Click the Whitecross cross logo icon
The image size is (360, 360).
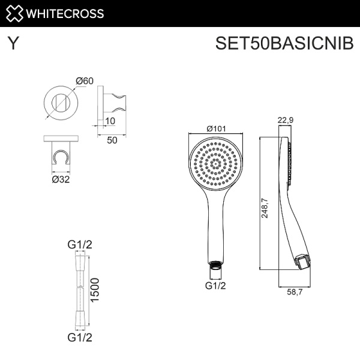(x=14, y=13)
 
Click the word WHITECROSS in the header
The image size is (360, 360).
(x=65, y=14)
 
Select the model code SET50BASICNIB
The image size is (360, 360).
(x=284, y=43)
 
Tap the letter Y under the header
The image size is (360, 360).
(x=13, y=43)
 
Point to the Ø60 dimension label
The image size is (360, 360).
(x=85, y=81)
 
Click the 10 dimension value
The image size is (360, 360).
(x=110, y=121)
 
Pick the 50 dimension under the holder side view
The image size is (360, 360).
(x=112, y=140)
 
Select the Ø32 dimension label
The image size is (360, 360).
(x=61, y=179)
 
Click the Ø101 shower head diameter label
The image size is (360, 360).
(x=216, y=128)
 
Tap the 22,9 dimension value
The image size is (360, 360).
(x=286, y=120)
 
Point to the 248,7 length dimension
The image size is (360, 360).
(x=265, y=208)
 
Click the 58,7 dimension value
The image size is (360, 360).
(x=295, y=292)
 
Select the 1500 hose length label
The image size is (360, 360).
(x=95, y=290)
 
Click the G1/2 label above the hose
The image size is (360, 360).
(x=80, y=245)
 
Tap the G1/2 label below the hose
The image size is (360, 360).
(x=80, y=337)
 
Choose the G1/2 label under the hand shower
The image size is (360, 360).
(x=215, y=286)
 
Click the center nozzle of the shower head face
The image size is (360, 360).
(x=215, y=164)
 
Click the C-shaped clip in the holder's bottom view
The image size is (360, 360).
(x=61, y=157)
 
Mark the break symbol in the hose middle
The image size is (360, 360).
(x=80, y=287)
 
